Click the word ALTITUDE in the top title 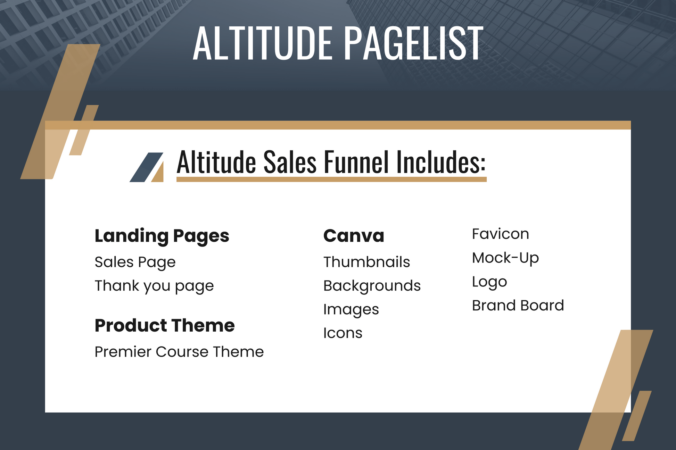[262, 43]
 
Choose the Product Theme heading [165, 325]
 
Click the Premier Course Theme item [179, 352]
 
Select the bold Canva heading [354, 236]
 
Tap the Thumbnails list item [366, 262]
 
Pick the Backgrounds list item [372, 286]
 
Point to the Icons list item [343, 333]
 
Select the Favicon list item [501, 234]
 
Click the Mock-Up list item [505, 258]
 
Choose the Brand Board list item [518, 306]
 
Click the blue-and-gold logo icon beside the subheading [147, 167]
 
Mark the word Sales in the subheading [290, 162]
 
